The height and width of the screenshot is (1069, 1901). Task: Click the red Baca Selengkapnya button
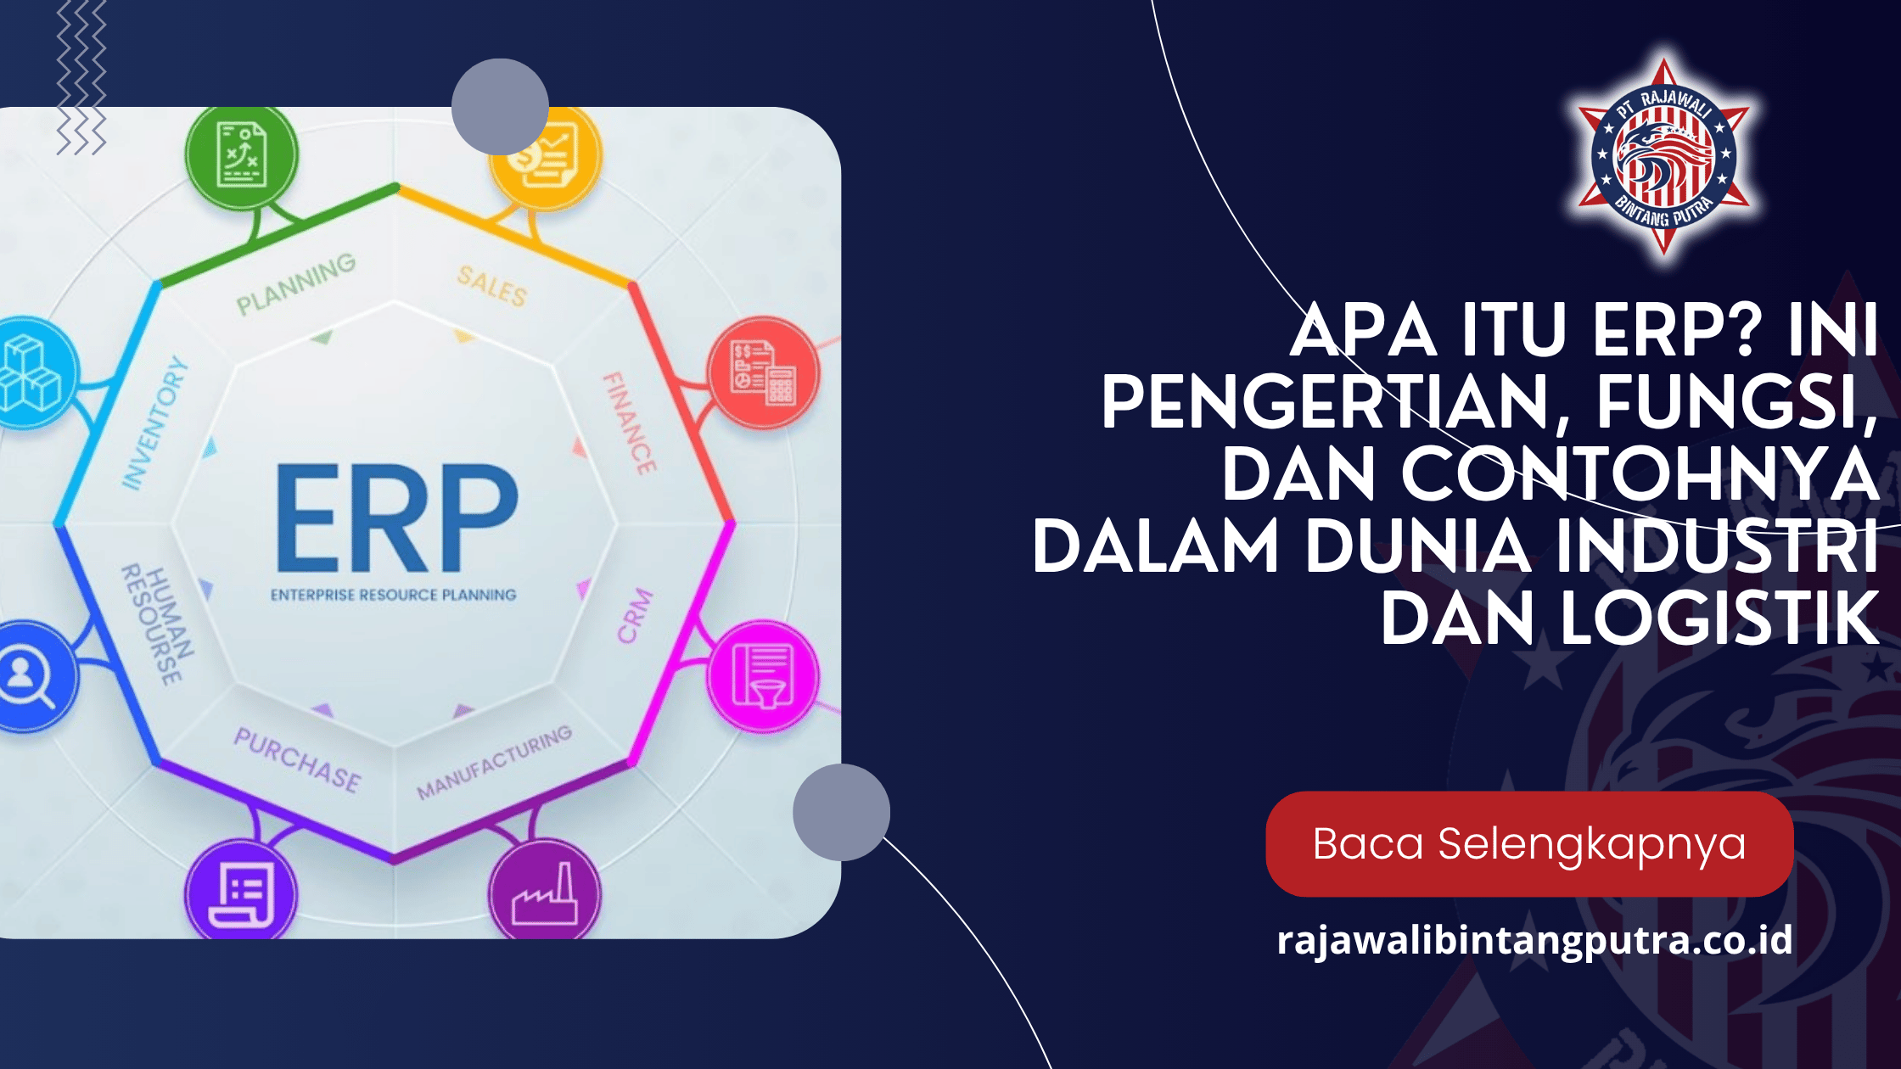[1528, 844]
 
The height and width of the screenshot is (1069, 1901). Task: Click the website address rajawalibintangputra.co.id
[1534, 940]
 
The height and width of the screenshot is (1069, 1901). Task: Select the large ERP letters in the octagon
[395, 518]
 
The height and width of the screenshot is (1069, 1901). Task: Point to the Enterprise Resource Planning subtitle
[393, 595]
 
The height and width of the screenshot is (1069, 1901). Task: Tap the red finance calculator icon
[763, 373]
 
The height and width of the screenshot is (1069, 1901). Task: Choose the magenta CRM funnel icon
[763, 676]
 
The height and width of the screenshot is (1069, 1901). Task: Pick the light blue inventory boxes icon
[30, 373]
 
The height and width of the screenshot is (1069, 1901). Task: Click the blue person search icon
[25, 676]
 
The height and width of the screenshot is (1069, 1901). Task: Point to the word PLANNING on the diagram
[295, 283]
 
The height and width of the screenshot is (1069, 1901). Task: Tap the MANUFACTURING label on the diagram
[494, 763]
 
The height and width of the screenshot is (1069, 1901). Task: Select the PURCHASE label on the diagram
[297, 760]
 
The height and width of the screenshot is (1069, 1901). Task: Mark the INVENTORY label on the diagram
[154, 423]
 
